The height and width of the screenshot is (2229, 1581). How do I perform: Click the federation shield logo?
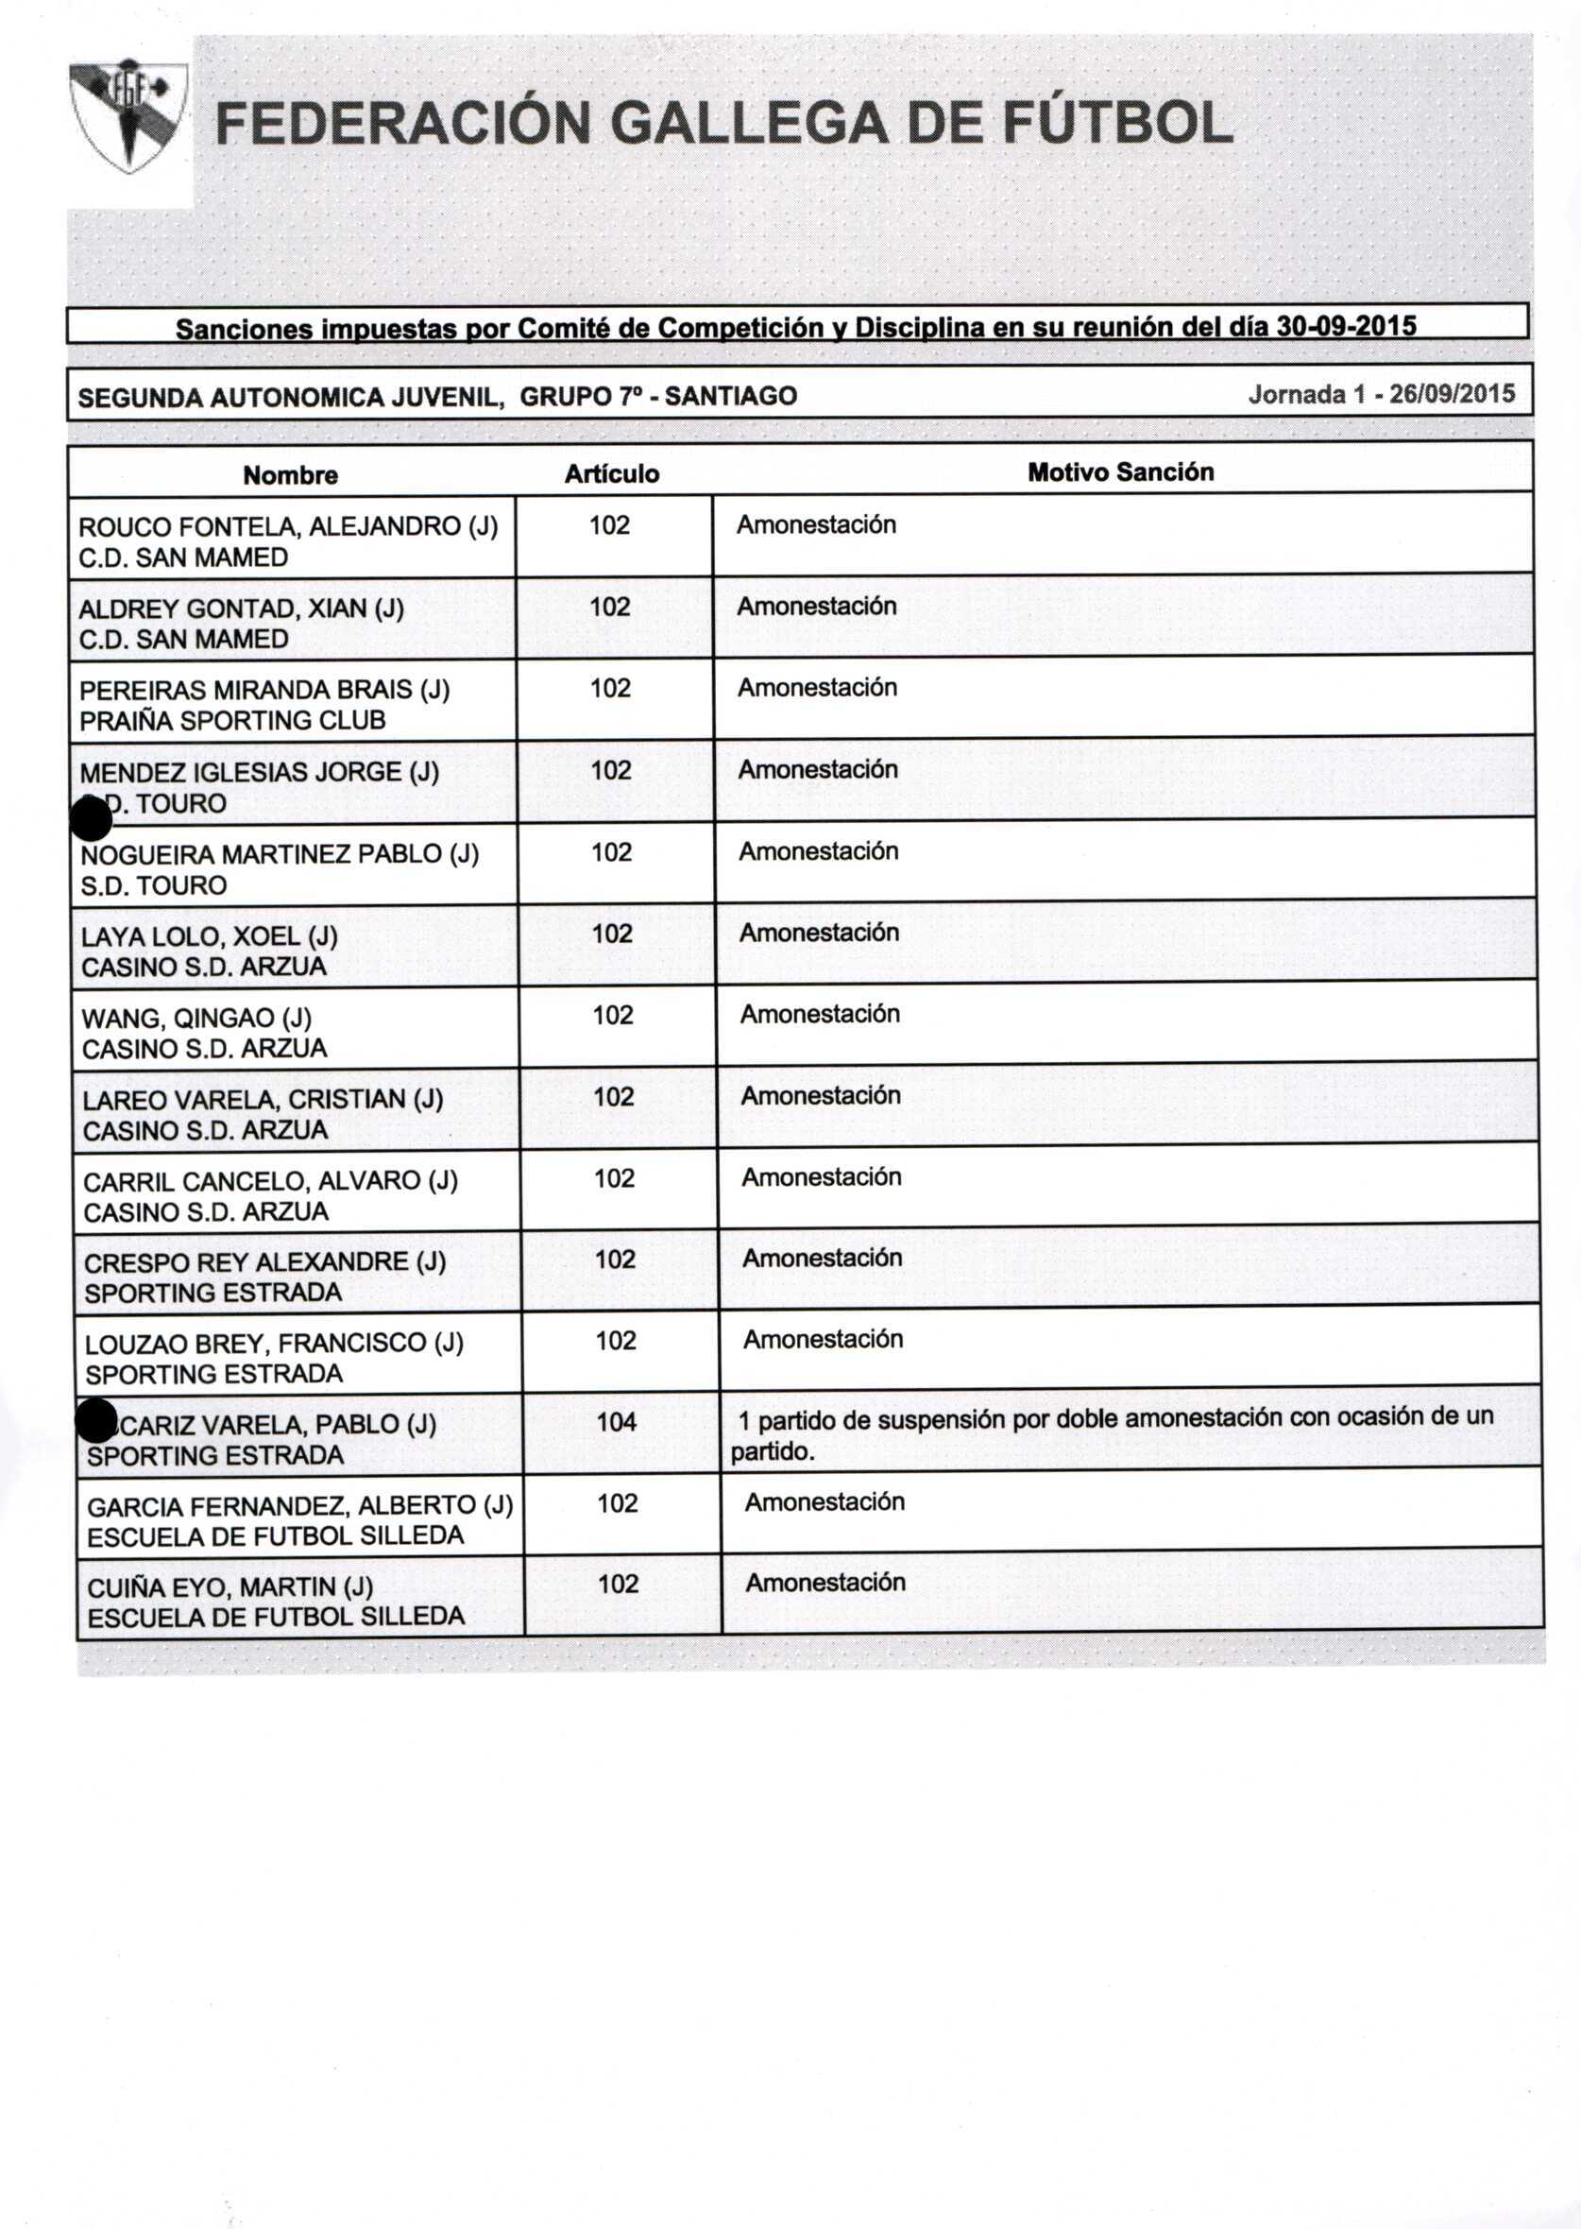coord(128,116)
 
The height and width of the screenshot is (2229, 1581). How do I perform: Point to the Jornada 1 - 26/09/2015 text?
coord(1382,394)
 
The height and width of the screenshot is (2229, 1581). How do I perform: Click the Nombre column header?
coord(290,475)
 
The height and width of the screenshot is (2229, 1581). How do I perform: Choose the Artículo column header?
coord(611,474)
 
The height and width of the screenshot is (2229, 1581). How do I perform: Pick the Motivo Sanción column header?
coord(1120,472)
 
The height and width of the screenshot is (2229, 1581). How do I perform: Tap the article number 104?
coord(616,1423)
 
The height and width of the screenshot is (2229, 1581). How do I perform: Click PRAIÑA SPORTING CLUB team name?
coord(232,721)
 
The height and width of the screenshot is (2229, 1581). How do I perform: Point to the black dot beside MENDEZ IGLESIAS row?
coord(92,818)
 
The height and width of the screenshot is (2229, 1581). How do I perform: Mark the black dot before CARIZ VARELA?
coord(96,1422)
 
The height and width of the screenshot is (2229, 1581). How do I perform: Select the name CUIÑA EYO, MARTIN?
coord(229,1587)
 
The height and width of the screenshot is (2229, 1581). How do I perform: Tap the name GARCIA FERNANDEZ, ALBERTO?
coord(299,1506)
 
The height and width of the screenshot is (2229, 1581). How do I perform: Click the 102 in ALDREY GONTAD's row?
coord(609,607)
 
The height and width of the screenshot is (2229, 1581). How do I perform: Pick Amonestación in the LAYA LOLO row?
coord(819,933)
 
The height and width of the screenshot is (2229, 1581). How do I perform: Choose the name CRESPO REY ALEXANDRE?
coord(264,1262)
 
